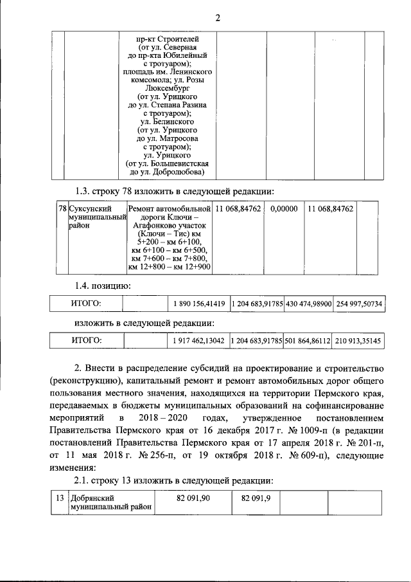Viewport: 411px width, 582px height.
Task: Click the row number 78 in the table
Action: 62,209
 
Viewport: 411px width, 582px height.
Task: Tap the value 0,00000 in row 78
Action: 284,209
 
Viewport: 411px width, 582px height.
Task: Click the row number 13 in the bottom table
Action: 58,498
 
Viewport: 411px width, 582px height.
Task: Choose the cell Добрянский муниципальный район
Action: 111,502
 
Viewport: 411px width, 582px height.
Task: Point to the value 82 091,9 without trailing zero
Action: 255,498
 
